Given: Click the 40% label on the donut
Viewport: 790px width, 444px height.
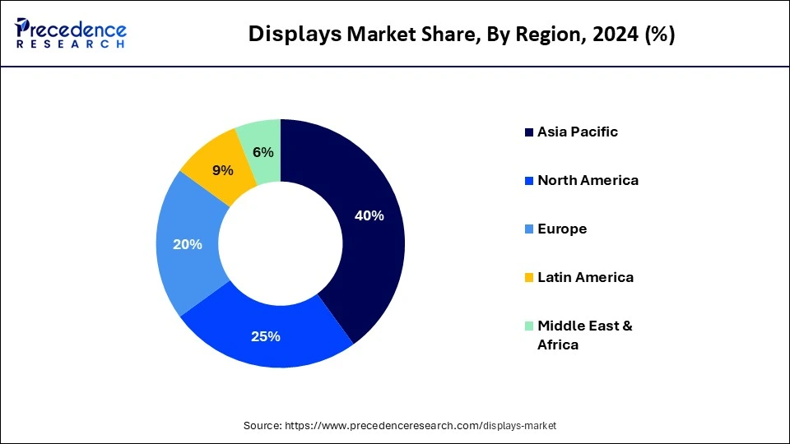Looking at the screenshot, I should click(369, 216).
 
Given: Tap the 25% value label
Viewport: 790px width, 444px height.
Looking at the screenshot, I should click(265, 336).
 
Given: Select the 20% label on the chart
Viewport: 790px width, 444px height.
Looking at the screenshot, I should click(187, 244).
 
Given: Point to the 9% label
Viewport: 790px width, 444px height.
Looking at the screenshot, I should click(222, 170).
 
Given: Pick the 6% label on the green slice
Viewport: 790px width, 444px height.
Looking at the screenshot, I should click(263, 152).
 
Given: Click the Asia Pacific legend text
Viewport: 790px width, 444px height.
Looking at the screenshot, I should click(577, 132).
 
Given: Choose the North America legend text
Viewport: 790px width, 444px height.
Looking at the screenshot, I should click(588, 180).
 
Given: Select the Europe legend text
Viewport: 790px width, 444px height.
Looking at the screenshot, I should click(562, 229).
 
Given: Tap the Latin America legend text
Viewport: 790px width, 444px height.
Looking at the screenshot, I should click(585, 277).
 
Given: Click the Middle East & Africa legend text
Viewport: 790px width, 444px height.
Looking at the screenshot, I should click(584, 335).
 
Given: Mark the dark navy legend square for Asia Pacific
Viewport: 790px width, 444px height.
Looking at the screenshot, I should click(528, 132).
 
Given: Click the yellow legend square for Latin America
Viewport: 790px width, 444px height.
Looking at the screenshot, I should click(528, 278).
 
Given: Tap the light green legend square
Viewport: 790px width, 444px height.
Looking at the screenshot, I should click(528, 326).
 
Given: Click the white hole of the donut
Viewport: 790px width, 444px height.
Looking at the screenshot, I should click(281, 243).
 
